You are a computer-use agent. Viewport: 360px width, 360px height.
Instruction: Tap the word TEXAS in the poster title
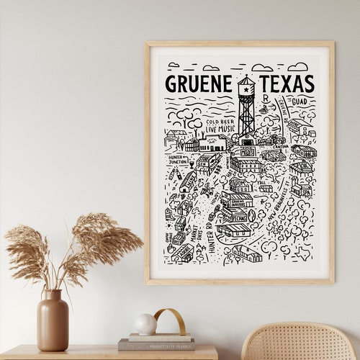(x=286, y=83)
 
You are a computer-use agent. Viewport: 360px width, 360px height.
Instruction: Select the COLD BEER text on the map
(x=218, y=122)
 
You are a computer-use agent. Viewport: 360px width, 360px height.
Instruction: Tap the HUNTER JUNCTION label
(x=179, y=160)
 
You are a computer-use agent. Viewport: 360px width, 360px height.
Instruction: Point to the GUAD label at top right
(x=299, y=102)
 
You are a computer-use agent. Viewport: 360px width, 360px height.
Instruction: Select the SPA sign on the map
(x=306, y=192)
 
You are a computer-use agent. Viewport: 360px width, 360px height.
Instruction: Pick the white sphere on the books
(x=146, y=324)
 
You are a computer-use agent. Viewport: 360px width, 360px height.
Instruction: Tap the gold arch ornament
(x=171, y=320)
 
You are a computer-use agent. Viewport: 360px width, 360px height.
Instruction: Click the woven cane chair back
(x=297, y=343)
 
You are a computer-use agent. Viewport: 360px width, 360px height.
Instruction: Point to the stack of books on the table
(x=156, y=341)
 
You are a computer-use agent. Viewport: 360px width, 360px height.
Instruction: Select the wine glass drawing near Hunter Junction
(x=171, y=175)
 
